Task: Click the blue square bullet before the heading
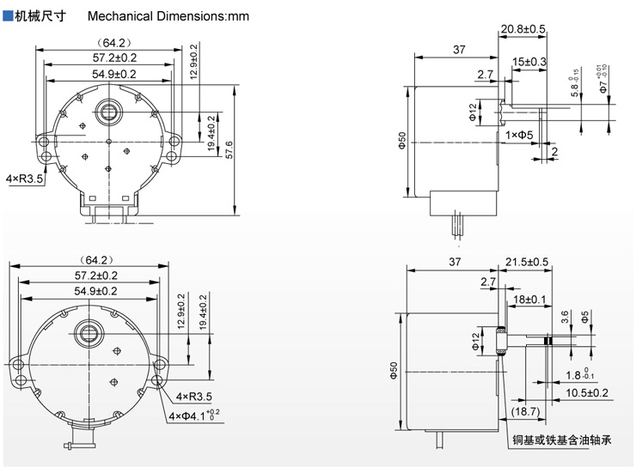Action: (x=8, y=16)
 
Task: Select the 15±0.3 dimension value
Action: (x=529, y=62)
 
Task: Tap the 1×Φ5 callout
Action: (x=519, y=135)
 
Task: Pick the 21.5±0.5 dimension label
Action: (x=527, y=261)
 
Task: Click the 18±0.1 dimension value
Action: (x=529, y=298)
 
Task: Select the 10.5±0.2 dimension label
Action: (x=587, y=392)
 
